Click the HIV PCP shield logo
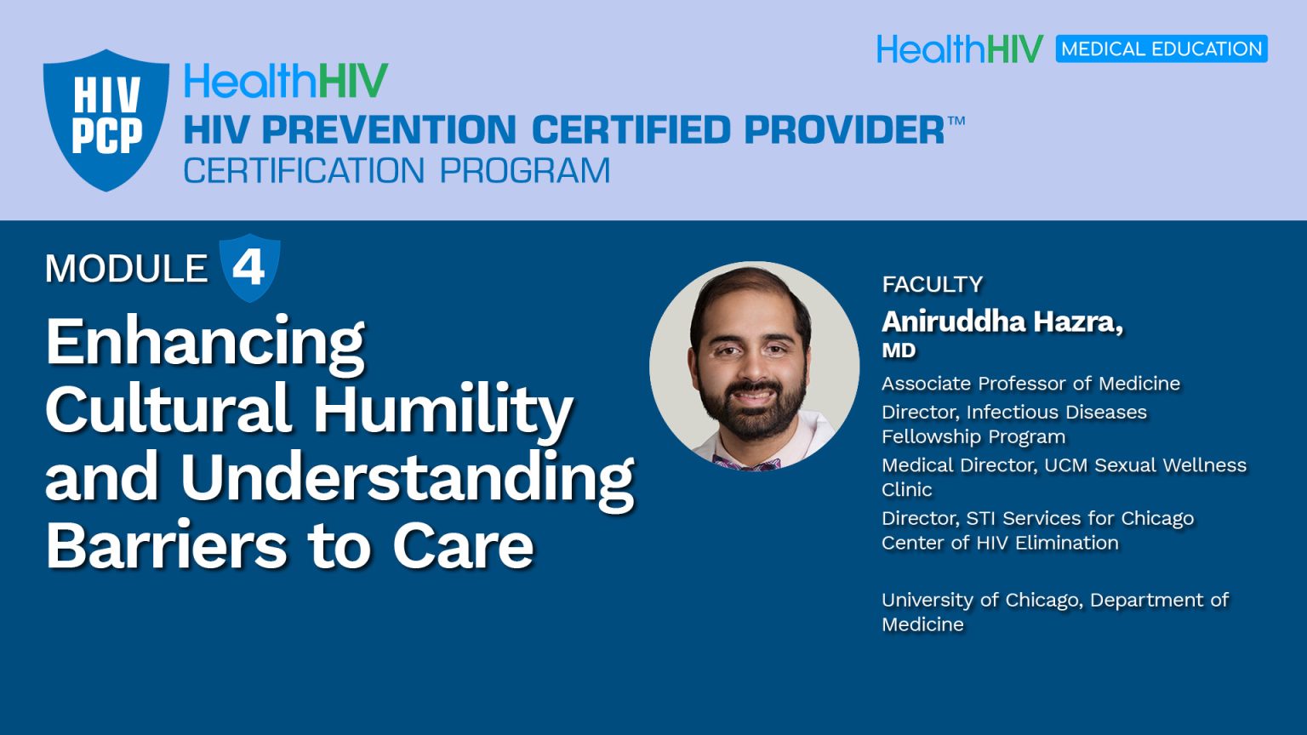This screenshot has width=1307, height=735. (x=106, y=119)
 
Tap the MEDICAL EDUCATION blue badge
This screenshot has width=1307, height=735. (x=1161, y=49)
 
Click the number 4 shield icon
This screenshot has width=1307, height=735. (x=249, y=268)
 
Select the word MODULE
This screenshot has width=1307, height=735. (x=126, y=269)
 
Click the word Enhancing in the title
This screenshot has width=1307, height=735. (x=205, y=342)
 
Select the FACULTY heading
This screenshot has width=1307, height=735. (x=932, y=284)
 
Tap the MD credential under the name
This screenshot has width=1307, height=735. (x=899, y=350)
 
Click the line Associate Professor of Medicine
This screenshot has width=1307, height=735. (x=1030, y=384)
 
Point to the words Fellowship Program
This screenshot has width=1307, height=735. (x=973, y=436)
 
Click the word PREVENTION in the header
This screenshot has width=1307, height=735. (x=388, y=130)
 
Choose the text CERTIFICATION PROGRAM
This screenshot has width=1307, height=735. (x=397, y=171)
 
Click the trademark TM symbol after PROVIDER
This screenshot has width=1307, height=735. (x=956, y=120)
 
